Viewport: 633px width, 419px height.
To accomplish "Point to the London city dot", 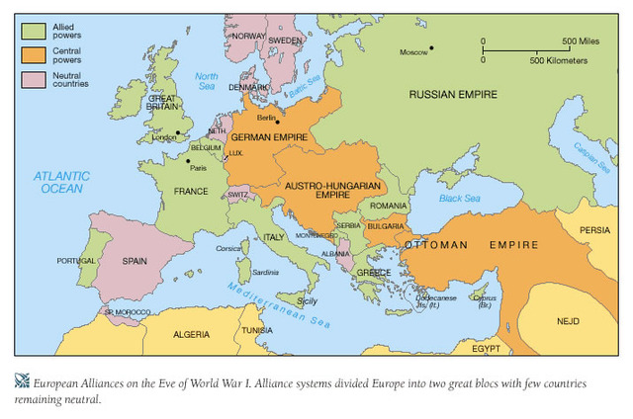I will [x=178, y=131].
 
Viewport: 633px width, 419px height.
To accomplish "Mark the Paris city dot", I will [x=188, y=160].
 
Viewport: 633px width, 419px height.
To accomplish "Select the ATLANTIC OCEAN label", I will [x=60, y=182].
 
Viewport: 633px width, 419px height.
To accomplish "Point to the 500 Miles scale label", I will [x=582, y=41].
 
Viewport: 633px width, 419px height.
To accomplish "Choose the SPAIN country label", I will [x=136, y=262].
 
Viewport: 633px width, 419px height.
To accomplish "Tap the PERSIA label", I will [x=594, y=229].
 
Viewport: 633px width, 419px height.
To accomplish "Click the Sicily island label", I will [x=308, y=300].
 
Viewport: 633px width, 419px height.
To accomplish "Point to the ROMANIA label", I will [x=389, y=206].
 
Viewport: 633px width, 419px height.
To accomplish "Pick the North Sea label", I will [x=205, y=82].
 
